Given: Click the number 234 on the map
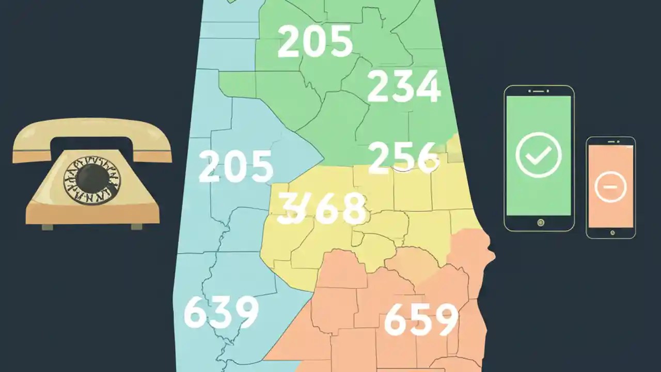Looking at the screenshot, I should click(x=404, y=87).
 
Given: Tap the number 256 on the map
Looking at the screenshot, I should click(x=404, y=157).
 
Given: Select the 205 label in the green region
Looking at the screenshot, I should click(x=315, y=42).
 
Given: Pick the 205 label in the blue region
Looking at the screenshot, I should click(x=236, y=166).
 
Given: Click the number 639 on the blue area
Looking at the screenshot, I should click(x=221, y=313).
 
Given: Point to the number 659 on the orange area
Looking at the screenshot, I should click(x=421, y=319).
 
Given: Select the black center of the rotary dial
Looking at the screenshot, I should click(x=92, y=178).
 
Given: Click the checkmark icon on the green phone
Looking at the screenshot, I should click(x=539, y=154).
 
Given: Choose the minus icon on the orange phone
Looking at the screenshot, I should click(x=610, y=186).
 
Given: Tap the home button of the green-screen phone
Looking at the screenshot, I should click(x=540, y=223).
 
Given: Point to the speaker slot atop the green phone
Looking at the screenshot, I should click(x=539, y=90).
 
